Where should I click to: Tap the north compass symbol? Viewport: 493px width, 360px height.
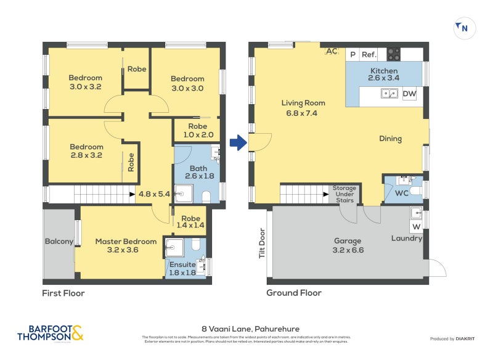462,28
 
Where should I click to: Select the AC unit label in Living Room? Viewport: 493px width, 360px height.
332,51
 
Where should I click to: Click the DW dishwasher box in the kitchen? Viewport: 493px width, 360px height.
410,94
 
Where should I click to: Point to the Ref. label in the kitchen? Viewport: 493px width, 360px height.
369,54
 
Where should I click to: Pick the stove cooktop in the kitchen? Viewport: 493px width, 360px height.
393,54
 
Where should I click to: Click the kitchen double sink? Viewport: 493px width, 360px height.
389,94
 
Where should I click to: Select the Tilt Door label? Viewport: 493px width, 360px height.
262,244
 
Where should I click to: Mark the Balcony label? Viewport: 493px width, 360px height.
59,242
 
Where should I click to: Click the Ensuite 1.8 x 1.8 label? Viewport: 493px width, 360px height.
182,268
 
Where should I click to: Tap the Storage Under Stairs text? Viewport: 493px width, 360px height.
344,194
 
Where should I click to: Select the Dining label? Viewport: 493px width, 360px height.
390,139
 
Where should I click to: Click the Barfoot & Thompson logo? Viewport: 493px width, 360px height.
51,333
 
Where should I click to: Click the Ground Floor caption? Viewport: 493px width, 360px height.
294,293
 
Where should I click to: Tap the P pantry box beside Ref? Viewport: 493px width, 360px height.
352,54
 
